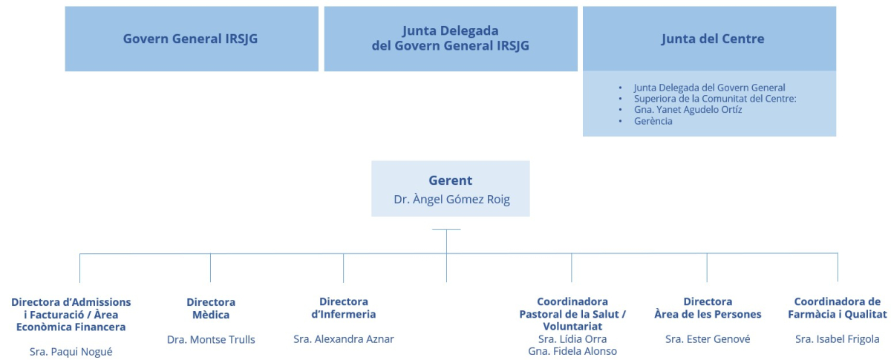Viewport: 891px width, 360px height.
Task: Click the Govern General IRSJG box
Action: tap(191, 39)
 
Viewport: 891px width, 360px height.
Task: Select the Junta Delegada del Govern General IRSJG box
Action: tap(451, 39)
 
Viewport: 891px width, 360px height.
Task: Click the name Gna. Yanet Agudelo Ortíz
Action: tap(688, 110)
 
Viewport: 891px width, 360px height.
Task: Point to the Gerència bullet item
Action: tap(653, 121)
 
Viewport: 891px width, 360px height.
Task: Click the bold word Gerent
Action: tap(450, 180)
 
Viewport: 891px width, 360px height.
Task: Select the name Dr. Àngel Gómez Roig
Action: tap(450, 200)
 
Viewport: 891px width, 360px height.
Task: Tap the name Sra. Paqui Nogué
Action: tap(71, 352)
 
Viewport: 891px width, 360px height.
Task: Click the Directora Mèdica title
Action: tap(211, 308)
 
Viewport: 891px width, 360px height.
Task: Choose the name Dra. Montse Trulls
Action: tap(211, 340)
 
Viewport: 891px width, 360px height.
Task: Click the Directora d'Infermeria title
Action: tap(344, 308)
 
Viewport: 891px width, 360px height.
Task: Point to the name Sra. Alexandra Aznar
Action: tap(344, 339)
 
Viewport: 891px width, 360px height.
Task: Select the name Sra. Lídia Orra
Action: tap(572, 339)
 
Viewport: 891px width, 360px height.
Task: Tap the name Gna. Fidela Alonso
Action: tap(572, 351)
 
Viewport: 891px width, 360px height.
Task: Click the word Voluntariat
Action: tap(572, 326)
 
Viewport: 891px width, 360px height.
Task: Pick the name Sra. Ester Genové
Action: tap(708, 339)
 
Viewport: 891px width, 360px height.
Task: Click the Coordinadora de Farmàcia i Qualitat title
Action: tap(837, 308)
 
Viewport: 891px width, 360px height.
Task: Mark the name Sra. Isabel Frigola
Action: tap(837, 339)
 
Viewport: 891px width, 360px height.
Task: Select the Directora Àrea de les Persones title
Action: tap(708, 308)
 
